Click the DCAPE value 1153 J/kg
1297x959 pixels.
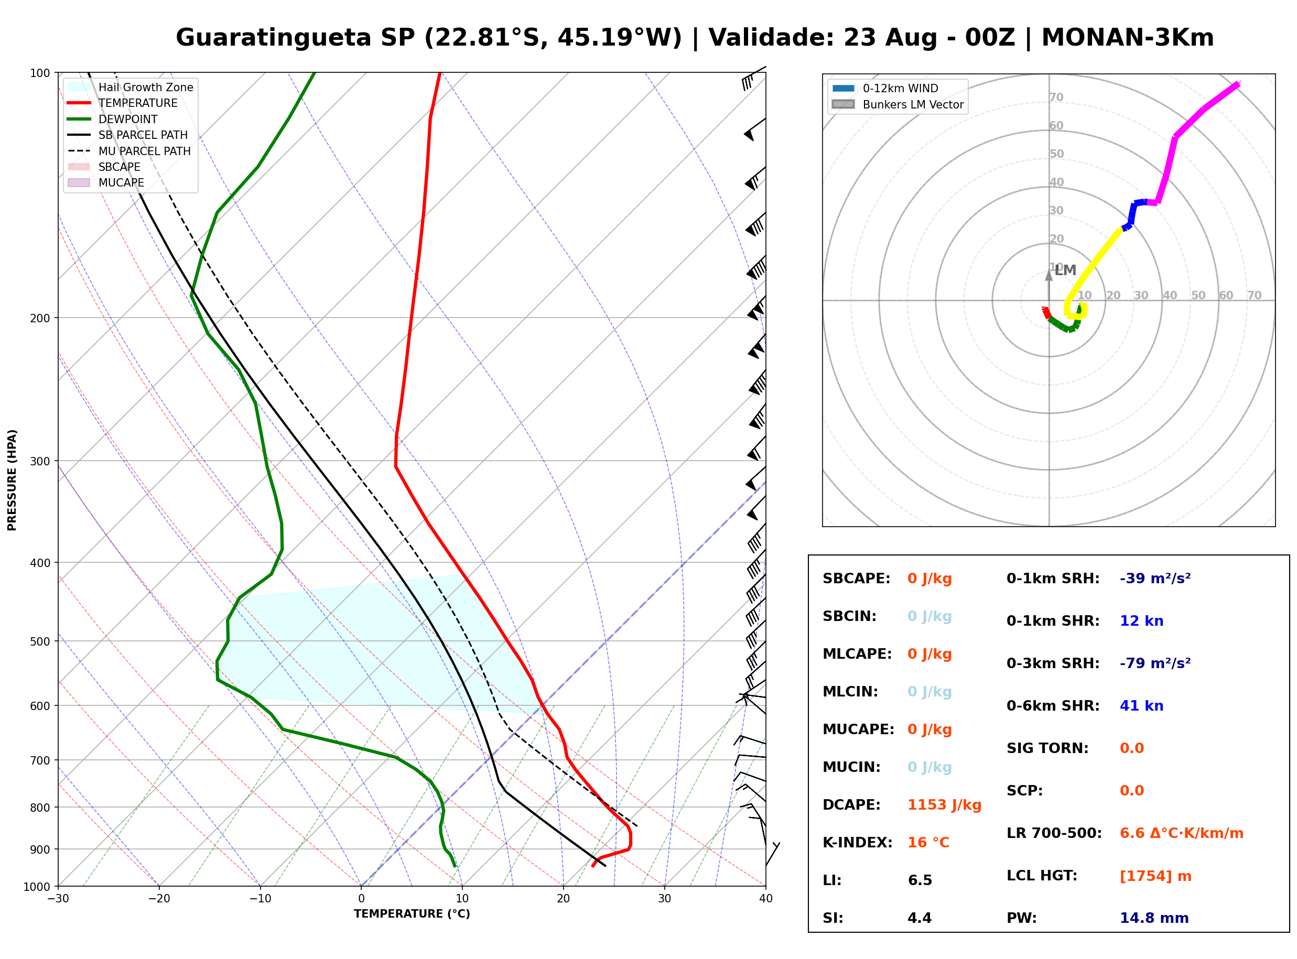coord(944,805)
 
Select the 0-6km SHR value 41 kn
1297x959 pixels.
coord(1141,706)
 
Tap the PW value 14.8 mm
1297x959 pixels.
coord(1154,918)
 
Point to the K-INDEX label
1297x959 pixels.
coord(858,843)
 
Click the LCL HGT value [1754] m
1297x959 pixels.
coord(1155,876)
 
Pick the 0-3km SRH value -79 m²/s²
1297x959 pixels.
coord(1155,663)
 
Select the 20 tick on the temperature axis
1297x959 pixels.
coord(563,899)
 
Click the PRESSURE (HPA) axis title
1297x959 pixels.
coord(12,480)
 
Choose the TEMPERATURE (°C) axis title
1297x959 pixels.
coord(412,914)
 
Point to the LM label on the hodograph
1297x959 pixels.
coord(1065,270)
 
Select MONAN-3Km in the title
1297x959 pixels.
coord(1128,38)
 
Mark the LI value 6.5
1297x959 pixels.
coord(920,880)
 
